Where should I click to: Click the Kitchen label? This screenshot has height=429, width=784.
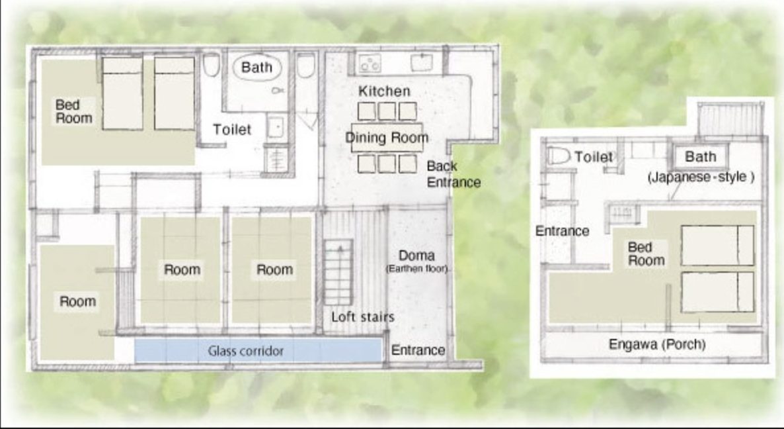pos(384,91)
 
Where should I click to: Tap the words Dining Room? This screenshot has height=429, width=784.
pos(387,138)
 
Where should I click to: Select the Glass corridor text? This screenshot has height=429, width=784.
pos(245,351)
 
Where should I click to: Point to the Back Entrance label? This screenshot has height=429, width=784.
pos(453,174)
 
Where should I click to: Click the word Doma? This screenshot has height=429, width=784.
pos(416,256)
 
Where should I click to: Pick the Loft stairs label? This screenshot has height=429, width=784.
pos(362,317)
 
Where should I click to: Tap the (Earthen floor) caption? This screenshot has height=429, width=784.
pos(416,269)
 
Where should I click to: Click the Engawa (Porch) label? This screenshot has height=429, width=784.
pos(657,344)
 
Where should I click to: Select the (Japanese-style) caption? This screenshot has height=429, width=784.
pos(701,177)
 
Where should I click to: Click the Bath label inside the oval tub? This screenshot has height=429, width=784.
pos(256,67)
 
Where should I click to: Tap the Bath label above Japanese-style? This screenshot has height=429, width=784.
pos(700,157)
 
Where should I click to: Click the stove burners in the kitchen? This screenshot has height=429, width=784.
pos(370,63)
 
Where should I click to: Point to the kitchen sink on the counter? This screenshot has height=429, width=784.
pos(422,63)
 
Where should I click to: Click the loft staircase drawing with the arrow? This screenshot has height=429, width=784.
pos(338,272)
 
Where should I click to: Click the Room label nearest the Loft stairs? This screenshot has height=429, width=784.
pos(274,270)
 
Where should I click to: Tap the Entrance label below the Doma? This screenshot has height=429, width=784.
pos(418,350)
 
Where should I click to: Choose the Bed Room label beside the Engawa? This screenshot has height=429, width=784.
pos(646,254)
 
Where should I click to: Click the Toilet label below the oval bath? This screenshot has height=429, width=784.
pos(232,130)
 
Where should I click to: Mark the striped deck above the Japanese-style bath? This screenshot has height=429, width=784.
pos(730,119)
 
